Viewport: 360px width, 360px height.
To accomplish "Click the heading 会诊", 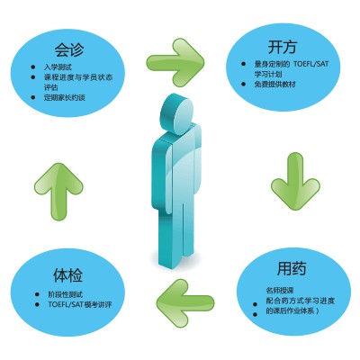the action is click(x=69, y=49).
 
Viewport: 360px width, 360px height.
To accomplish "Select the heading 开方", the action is click(x=283, y=47).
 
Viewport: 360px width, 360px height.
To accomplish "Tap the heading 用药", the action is click(x=292, y=268).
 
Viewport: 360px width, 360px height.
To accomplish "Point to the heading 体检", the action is click(x=67, y=274).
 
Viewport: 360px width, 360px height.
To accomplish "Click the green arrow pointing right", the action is click(x=175, y=62).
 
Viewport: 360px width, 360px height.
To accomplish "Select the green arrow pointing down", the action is click(x=295, y=181).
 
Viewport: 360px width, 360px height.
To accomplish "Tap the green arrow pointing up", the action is click(x=58, y=192).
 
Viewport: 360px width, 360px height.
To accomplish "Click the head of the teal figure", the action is click(x=177, y=112).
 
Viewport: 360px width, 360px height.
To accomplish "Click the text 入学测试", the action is click(x=58, y=67).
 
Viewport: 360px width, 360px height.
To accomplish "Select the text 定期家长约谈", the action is click(x=65, y=97).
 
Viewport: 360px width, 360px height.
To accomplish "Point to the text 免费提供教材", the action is click(x=274, y=85).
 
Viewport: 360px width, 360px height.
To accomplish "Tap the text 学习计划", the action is click(x=268, y=74).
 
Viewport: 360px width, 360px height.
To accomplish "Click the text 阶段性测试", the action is click(x=66, y=294).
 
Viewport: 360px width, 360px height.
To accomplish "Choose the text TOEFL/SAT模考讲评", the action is click(x=80, y=304).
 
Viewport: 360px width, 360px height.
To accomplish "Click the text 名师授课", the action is click(x=279, y=291).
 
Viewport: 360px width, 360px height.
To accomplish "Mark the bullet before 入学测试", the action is click(x=33, y=67).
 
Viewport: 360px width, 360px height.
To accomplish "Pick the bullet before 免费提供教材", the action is click(x=244, y=85).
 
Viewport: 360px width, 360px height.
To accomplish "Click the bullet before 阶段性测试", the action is click(x=37, y=294).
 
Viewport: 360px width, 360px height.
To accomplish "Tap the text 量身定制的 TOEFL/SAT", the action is click(x=292, y=64).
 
